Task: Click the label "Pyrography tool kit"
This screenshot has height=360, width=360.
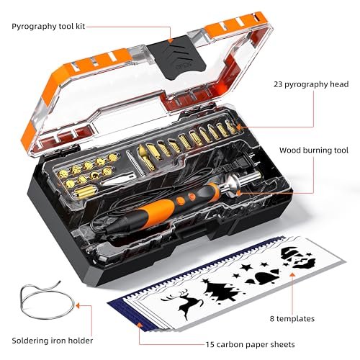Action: tap(48, 27)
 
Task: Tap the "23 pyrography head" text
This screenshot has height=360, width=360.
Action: tap(311, 84)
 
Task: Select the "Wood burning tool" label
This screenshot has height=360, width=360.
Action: tap(314, 150)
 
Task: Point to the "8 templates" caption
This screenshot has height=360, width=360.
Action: tap(292, 319)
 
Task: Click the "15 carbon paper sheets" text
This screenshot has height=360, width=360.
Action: tap(250, 345)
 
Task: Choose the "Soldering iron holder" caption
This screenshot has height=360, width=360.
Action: tap(53, 341)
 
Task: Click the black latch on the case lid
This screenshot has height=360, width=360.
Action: tap(177, 58)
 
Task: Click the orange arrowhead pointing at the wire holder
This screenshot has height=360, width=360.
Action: tap(78, 305)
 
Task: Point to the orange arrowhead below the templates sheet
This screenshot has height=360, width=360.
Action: tap(292, 274)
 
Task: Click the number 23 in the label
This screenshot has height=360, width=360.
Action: tap(278, 84)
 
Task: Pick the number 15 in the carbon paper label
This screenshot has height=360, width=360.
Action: tap(210, 344)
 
